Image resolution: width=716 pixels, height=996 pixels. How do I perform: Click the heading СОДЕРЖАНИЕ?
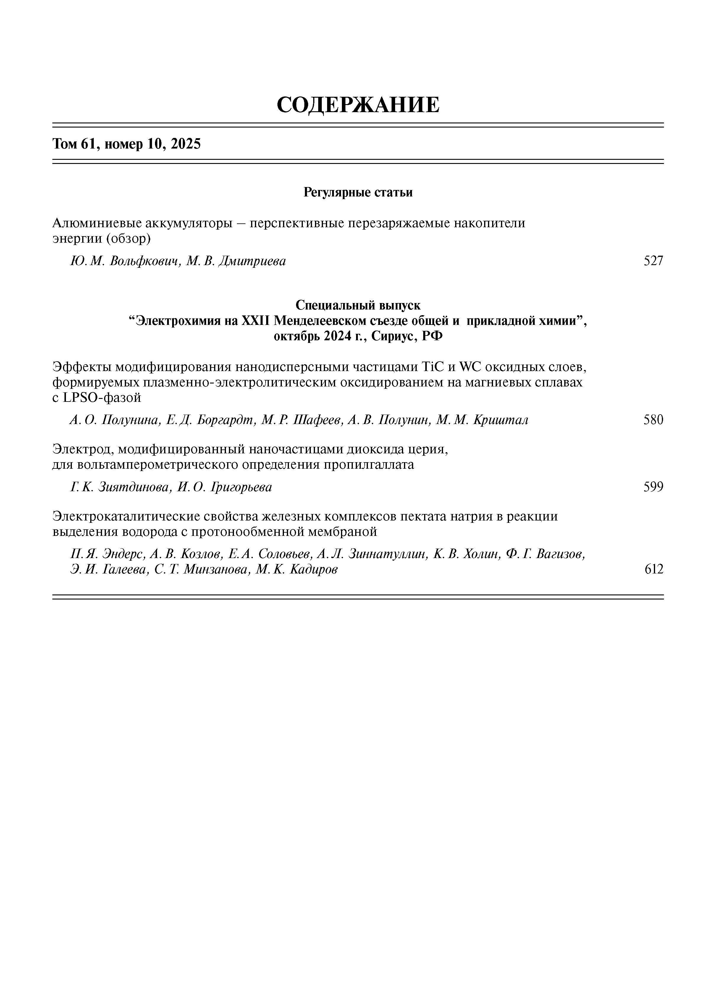point(358,105)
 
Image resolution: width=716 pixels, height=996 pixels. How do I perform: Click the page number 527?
point(653,261)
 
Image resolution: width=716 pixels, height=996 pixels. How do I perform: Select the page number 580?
point(653,420)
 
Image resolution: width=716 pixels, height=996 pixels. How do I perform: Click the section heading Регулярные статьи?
point(358,192)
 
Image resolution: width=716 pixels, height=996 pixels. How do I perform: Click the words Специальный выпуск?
point(358,305)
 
